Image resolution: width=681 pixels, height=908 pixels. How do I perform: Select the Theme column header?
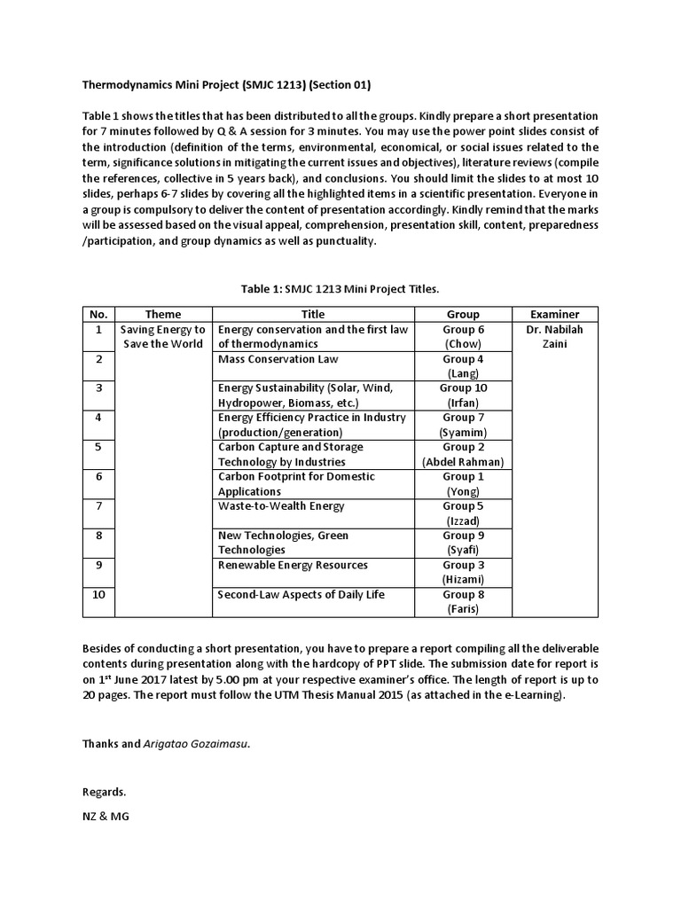[162, 314]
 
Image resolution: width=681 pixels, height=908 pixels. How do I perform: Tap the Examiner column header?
[554, 314]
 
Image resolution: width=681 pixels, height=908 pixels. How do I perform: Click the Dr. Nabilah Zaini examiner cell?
[554, 336]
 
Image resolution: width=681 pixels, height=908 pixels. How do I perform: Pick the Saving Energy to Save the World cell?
[162, 336]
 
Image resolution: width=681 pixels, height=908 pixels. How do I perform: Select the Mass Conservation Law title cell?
[278, 359]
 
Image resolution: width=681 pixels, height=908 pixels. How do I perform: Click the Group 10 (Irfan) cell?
[463, 395]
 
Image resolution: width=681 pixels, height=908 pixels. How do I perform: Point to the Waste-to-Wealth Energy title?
[281, 506]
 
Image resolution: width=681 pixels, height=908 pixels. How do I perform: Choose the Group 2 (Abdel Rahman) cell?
[463, 454]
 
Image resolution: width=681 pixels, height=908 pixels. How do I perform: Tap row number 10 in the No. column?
[98, 594]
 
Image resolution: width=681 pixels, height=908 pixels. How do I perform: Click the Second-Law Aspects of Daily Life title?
[301, 594]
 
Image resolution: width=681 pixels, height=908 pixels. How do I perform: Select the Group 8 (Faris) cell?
[463, 601]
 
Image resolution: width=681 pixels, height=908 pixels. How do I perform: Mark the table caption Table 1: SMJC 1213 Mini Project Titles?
[340, 288]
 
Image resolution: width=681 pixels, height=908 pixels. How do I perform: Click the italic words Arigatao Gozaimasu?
[196, 744]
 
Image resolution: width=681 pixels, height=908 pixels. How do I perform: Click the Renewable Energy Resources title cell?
[293, 565]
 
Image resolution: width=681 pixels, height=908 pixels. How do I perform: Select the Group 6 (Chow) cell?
[463, 336]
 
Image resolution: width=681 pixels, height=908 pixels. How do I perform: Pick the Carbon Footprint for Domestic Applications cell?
[296, 483]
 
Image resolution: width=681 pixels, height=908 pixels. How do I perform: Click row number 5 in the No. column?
[98, 447]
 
